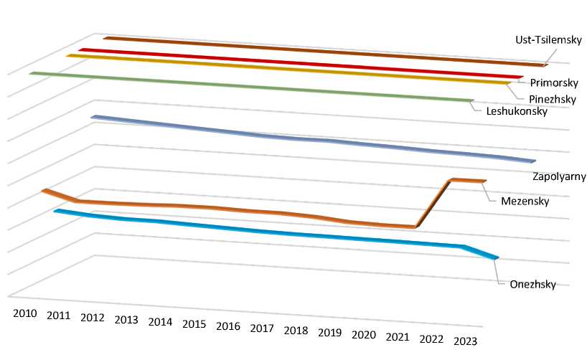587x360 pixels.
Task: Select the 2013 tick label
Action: pos(126,320)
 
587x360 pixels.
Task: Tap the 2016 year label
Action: pos(227,326)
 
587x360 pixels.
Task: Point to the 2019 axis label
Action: pos(329,333)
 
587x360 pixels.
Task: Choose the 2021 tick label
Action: pos(397,337)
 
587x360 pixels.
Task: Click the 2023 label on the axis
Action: pos(465,341)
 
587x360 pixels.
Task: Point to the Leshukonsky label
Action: pos(517,111)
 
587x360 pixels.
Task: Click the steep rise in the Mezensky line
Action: pos(433,204)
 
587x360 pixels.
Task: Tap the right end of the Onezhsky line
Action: pos(497,258)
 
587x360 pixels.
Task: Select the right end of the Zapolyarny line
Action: pos(535,161)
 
